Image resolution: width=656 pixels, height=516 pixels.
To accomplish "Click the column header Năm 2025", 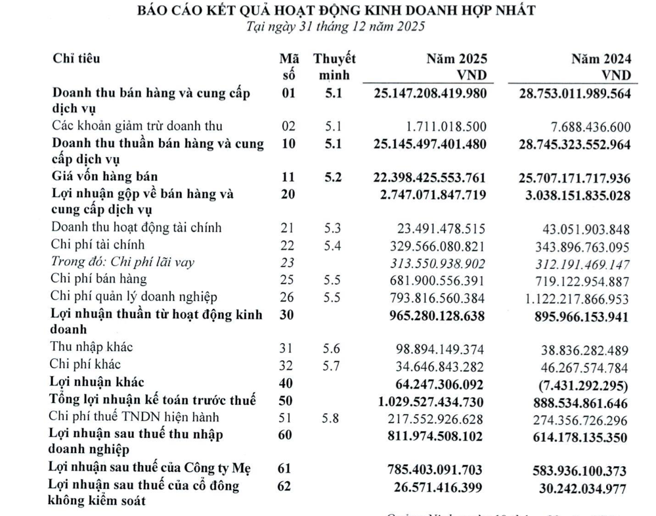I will pos(456,59).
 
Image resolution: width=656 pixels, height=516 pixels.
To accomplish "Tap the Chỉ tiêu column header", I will pos(76,59).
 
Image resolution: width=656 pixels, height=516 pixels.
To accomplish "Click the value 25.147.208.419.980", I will pos(430,93).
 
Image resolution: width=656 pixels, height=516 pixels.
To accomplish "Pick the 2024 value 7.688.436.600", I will pos(583,126).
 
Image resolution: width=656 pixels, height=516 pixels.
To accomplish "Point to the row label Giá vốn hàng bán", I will pos(105,176).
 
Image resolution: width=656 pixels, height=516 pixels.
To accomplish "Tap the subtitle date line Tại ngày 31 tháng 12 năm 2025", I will pos(335,27).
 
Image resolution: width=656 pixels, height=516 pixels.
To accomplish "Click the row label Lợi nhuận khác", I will pos(97,381).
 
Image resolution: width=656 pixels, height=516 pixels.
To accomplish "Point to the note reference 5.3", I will pos(334,227).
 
